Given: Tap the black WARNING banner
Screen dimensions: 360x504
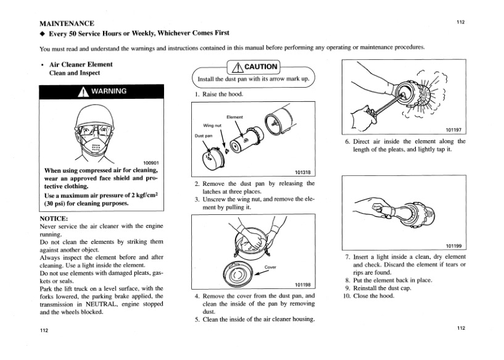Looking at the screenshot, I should click(x=102, y=91).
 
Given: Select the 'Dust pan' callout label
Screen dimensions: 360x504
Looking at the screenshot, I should click(x=204, y=136).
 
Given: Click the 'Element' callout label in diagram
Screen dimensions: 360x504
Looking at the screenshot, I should click(x=235, y=117).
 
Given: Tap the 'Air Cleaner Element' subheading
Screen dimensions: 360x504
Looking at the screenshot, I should click(x=80, y=64).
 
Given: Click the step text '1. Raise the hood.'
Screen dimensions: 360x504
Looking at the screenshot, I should click(x=219, y=94).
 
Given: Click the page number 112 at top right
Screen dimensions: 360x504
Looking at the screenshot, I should click(x=460, y=22).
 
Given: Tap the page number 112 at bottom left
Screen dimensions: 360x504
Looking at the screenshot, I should click(x=44, y=331).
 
